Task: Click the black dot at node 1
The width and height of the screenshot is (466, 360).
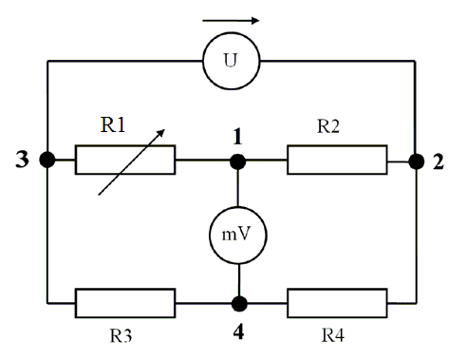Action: pyautogui.click(x=237, y=161)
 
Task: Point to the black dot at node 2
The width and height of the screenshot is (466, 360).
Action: pyautogui.click(x=417, y=161)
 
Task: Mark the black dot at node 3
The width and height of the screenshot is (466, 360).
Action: pyautogui.click(x=47, y=160)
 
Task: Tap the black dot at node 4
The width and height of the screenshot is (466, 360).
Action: pyautogui.click(x=239, y=304)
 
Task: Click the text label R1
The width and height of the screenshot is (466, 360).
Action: pyautogui.click(x=113, y=124)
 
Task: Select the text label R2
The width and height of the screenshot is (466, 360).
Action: pyautogui.click(x=328, y=126)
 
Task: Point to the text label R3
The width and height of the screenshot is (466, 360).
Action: pyautogui.click(x=121, y=335)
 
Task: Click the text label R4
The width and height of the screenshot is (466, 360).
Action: pyautogui.click(x=333, y=335)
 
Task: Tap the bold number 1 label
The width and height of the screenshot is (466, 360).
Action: pyautogui.click(x=237, y=137)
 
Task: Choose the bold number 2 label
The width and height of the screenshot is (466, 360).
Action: pyautogui.click(x=438, y=162)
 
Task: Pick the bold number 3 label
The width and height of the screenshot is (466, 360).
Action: pyautogui.click(x=22, y=160)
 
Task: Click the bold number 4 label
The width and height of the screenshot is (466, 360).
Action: pyautogui.click(x=239, y=332)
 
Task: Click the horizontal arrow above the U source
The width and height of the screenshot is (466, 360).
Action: pyautogui.click(x=231, y=21)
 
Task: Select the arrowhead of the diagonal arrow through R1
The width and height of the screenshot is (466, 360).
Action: pyautogui.click(x=161, y=133)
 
